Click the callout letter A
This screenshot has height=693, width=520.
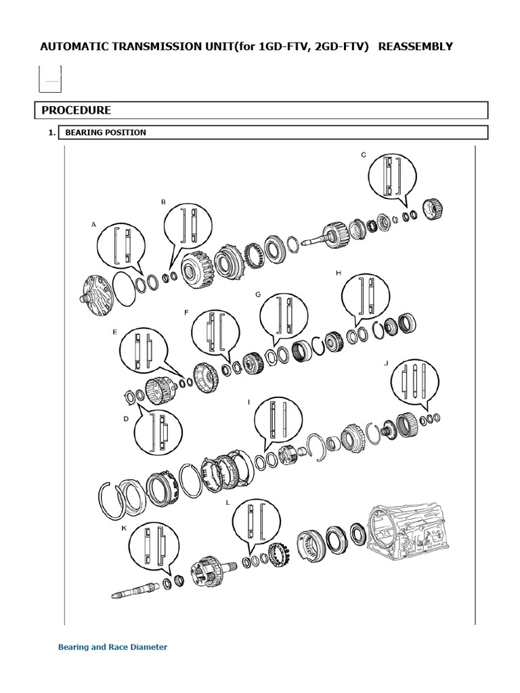pos(93,225)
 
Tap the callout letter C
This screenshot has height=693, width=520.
pos(364,155)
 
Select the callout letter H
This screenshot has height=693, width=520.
pos(339,273)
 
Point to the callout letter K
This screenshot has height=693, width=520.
pos(124,528)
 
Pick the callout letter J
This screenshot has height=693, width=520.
pos(386,363)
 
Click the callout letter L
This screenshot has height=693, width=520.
pos(227,503)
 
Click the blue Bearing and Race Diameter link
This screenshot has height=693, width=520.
pos(113,647)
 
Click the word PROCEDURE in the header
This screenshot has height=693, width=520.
pos(76,110)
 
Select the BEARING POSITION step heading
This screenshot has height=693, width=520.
pos(106,133)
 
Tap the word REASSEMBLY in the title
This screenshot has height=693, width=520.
pos(416,47)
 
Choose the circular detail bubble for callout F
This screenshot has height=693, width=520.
pos(216,334)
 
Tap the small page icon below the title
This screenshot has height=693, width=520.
pos(50,80)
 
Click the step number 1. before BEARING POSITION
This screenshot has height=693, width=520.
pos(52,133)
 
